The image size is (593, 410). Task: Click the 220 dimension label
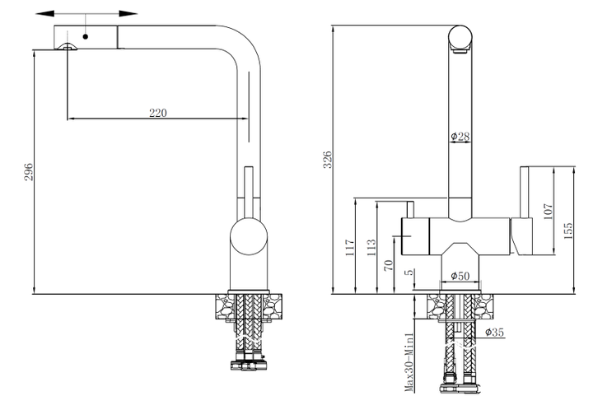tap(157, 113)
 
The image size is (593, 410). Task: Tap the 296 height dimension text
tap(29, 172)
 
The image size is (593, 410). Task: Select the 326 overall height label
tap(327, 160)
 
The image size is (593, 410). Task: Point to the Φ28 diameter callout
tap(460, 136)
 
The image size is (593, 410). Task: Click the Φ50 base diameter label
tap(460, 276)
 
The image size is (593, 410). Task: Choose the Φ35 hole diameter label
tap(495, 332)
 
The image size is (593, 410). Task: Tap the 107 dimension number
tap(548, 212)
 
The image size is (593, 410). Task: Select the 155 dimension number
tap(568, 231)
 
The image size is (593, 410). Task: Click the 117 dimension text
tap(350, 248)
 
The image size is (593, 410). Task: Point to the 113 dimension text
tap(371, 248)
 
